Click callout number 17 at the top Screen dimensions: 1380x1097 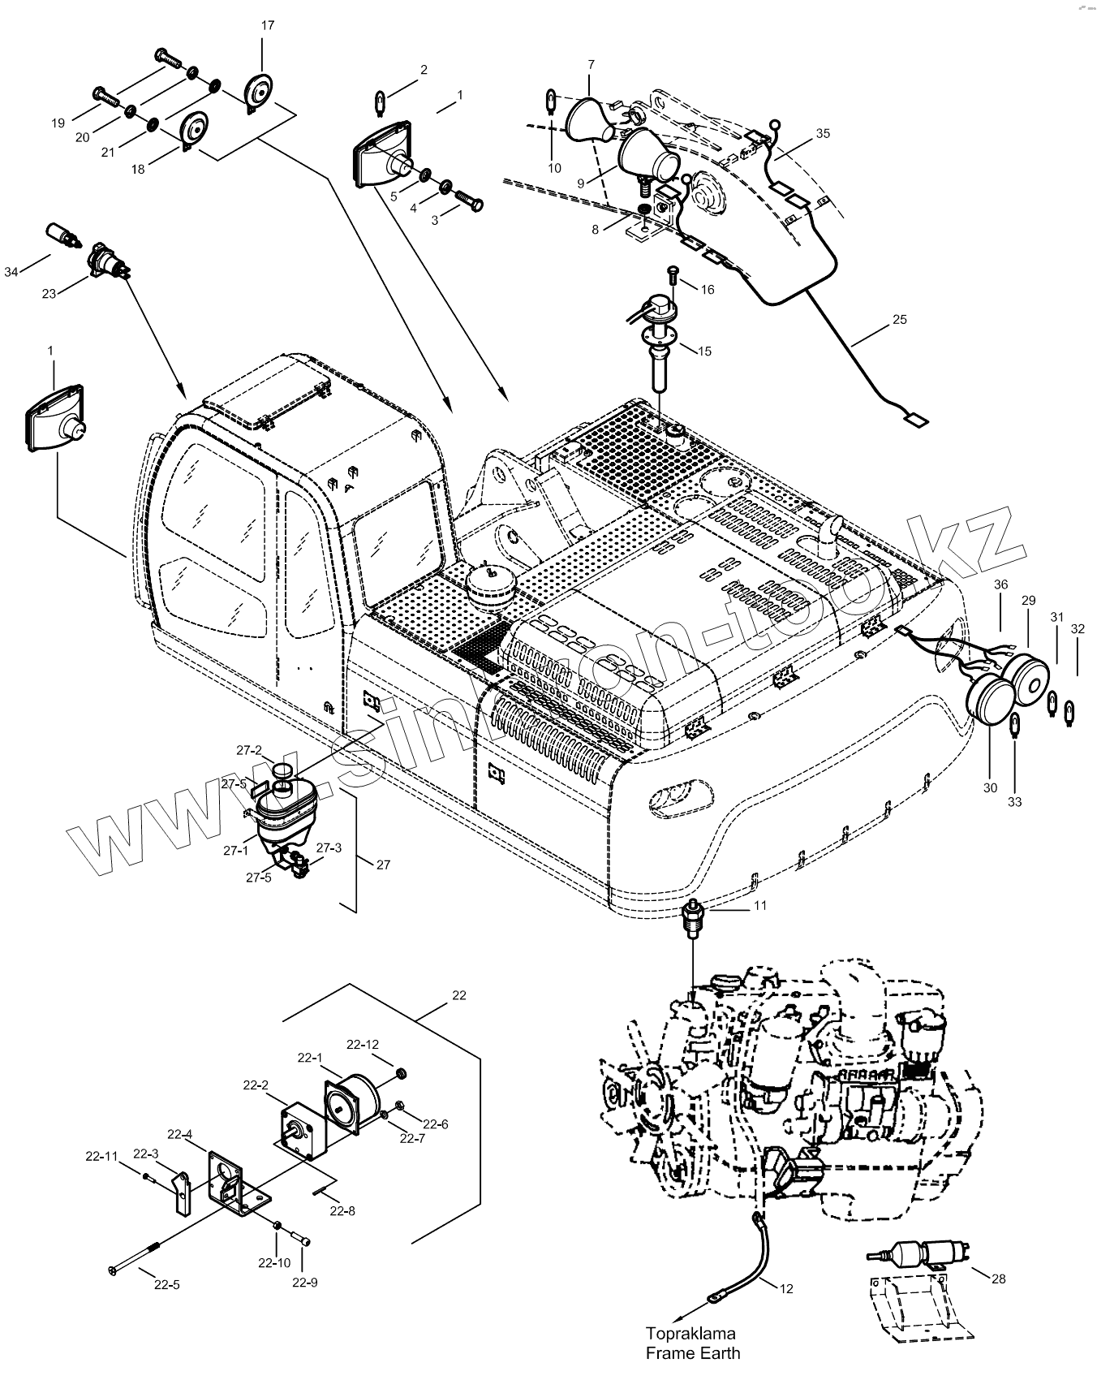(x=267, y=25)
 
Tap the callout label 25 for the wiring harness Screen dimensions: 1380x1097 (x=899, y=319)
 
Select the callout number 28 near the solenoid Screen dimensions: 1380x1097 (x=998, y=1279)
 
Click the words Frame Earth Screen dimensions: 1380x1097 (x=692, y=1353)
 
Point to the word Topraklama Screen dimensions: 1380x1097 (x=690, y=1333)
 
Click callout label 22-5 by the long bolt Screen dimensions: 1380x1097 (x=166, y=1285)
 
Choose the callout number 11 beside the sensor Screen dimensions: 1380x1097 (x=759, y=905)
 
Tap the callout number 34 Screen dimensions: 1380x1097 (x=11, y=272)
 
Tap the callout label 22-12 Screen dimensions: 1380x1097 (x=363, y=1044)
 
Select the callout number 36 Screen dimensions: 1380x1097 (x=1000, y=584)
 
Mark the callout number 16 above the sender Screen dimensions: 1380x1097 (x=707, y=289)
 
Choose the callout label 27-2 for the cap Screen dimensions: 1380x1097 (x=249, y=750)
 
